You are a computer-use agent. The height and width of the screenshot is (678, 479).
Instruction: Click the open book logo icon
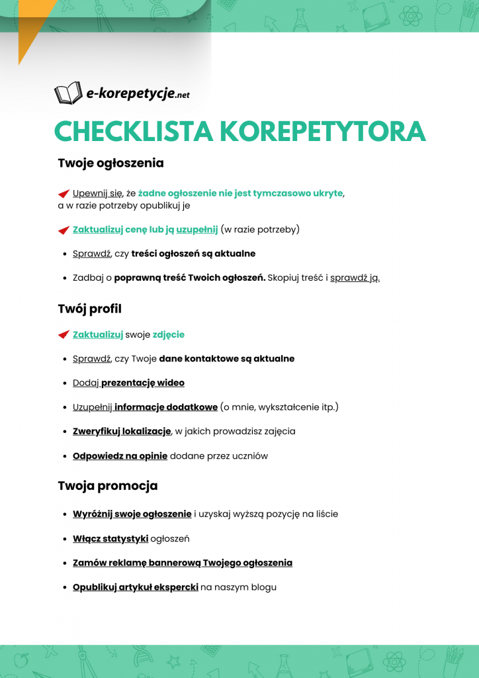pos(67,93)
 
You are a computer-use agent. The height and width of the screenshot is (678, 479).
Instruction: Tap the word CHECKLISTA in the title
pos(132,131)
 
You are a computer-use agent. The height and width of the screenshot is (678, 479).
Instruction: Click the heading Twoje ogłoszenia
pos(110,163)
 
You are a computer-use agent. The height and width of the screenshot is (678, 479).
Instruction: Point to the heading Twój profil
pos(89,309)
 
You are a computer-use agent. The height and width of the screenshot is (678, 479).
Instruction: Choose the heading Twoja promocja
pos(107,486)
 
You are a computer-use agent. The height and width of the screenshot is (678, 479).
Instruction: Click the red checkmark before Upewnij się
pos(64,193)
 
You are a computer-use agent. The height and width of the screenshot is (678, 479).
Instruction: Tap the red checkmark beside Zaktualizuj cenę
pos(64,230)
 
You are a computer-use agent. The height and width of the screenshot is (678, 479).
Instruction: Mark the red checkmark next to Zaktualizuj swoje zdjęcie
pos(64,335)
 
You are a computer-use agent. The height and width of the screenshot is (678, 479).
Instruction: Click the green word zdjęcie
pos(168,334)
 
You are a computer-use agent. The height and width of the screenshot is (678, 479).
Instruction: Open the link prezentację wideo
pos(142,383)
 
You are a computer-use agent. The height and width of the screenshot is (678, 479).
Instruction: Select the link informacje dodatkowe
pos(165,407)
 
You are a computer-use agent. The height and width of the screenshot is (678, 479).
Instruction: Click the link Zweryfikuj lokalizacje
pos(122,431)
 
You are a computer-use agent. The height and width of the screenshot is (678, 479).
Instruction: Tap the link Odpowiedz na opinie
pos(120,456)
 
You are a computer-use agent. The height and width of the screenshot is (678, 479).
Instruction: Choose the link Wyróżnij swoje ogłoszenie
pos(132,514)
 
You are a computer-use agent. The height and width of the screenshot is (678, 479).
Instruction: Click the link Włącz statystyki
pos(110,538)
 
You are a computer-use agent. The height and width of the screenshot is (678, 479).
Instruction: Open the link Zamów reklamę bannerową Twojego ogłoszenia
pos(182,563)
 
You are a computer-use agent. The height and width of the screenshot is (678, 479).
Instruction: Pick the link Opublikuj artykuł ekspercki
pos(135,587)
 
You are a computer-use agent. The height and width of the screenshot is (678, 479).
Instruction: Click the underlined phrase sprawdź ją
pos(355,277)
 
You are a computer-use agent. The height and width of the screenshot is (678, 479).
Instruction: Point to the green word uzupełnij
pos(196,230)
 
